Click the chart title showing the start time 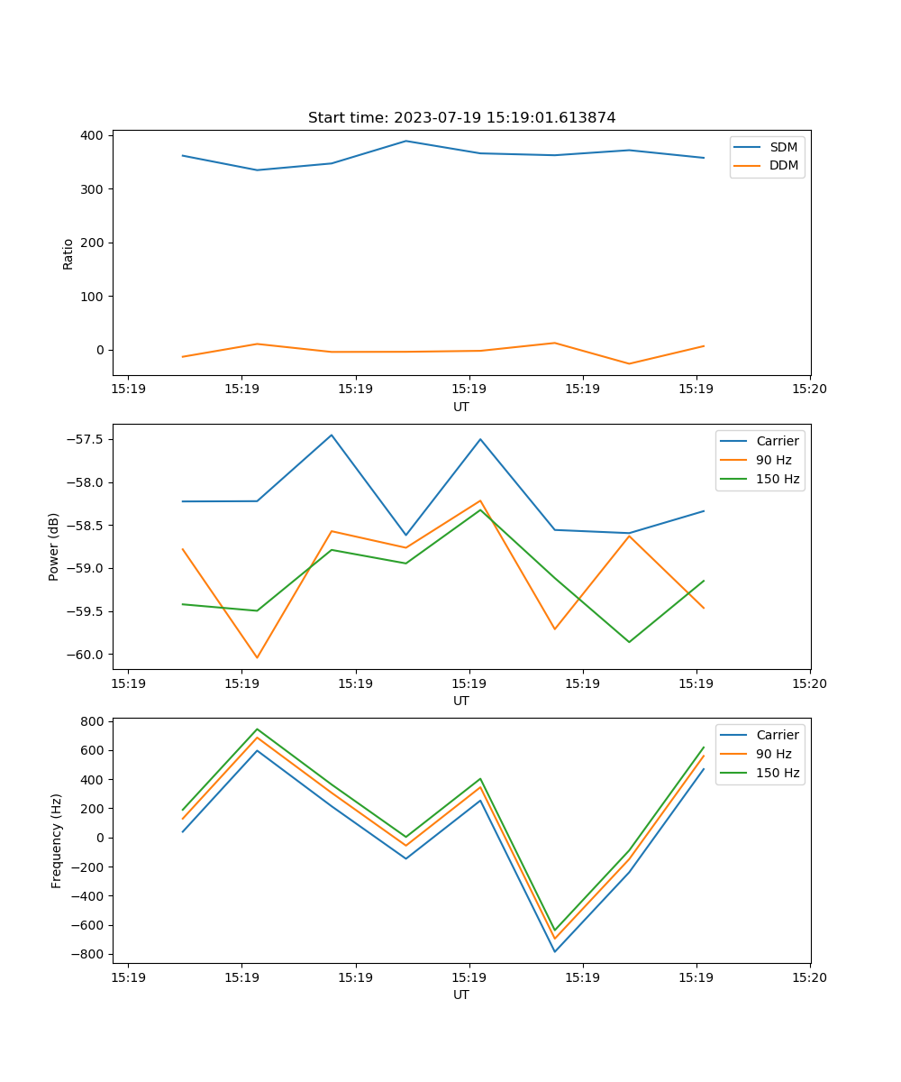[461, 118]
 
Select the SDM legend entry [783, 147]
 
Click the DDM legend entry [783, 166]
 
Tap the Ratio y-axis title [68, 254]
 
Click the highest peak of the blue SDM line [405, 141]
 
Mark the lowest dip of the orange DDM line [629, 363]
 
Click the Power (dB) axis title [54, 546]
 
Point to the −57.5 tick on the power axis [88, 439]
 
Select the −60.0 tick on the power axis [88, 655]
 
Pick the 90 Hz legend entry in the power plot [773, 460]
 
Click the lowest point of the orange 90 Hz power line [257, 657]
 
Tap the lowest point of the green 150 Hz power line [629, 642]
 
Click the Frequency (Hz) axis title [56, 840]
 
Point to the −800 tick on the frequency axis [91, 954]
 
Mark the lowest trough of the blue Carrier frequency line [555, 951]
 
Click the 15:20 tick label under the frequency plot [809, 977]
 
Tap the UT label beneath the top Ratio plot [461, 407]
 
